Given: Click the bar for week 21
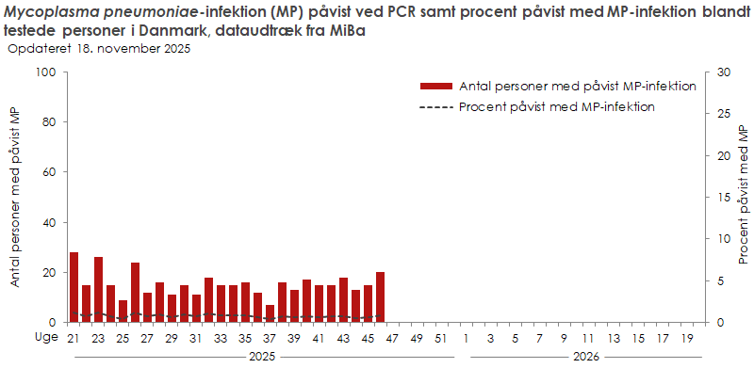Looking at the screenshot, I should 74,287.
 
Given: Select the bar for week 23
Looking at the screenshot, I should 98,289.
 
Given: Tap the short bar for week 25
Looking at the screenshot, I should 123,311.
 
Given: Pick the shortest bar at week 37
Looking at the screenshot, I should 270,313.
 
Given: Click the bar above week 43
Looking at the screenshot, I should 343,299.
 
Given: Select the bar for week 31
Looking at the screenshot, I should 196,308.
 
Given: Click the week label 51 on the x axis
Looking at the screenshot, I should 441,338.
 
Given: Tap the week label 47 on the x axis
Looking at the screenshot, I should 392,338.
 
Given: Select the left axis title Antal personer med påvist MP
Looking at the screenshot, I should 15,197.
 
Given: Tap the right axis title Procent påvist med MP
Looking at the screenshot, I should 744,197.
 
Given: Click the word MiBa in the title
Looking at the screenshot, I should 347,31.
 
